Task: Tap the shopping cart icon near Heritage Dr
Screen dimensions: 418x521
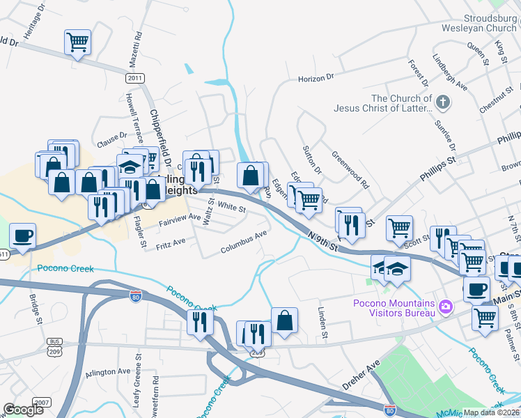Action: pos(77,42)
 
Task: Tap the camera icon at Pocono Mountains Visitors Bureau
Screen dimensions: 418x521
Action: pos(444,306)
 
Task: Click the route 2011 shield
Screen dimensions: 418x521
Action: pos(136,78)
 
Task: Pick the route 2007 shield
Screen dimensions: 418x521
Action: pos(42,403)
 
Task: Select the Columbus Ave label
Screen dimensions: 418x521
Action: pos(244,243)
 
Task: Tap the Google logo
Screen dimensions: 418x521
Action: pos(24,410)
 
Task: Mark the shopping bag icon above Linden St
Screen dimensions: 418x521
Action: pos(284,320)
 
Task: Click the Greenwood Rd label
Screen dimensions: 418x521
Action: pos(350,171)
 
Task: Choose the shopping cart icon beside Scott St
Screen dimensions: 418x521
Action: pos(399,227)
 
